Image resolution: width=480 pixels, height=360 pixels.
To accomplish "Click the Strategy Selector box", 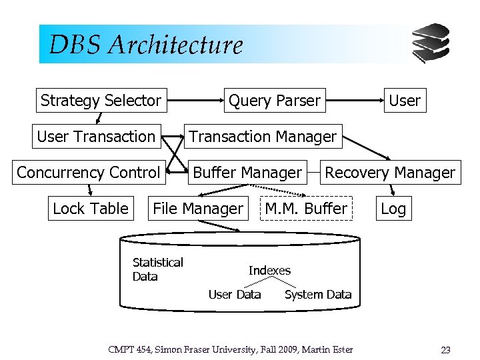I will coord(101,101).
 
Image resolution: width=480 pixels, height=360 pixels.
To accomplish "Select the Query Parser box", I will coord(274,101).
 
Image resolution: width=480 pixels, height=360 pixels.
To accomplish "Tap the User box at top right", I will coord(405,101).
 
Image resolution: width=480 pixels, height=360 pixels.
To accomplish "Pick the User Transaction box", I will coord(96,137).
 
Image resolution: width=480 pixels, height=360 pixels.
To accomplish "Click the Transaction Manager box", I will coord(263,137).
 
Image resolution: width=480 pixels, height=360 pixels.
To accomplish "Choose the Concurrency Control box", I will coord(89,173).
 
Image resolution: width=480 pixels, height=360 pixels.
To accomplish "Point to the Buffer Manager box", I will coord(247,173).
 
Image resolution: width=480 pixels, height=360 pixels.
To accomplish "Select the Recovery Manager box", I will coord(390,173).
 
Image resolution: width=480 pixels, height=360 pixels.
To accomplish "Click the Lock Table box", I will coord(90,209).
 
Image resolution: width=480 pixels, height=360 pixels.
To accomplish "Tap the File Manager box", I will coord(198,209).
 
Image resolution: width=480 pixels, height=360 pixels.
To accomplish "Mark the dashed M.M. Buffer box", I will coord(306,209).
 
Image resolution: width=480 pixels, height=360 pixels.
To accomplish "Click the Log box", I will coord(393,209).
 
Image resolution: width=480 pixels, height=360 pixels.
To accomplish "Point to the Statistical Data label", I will coord(157,269).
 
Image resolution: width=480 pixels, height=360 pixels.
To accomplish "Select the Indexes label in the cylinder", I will coord(269,271).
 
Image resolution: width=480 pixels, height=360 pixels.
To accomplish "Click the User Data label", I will coord(235,295).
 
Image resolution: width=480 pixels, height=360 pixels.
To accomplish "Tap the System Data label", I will coord(318,295).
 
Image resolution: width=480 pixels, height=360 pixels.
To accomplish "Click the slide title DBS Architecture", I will coord(146,45).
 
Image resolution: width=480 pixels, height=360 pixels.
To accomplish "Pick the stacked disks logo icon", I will coord(431,43).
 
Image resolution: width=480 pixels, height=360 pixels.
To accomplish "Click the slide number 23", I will coord(446,350).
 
